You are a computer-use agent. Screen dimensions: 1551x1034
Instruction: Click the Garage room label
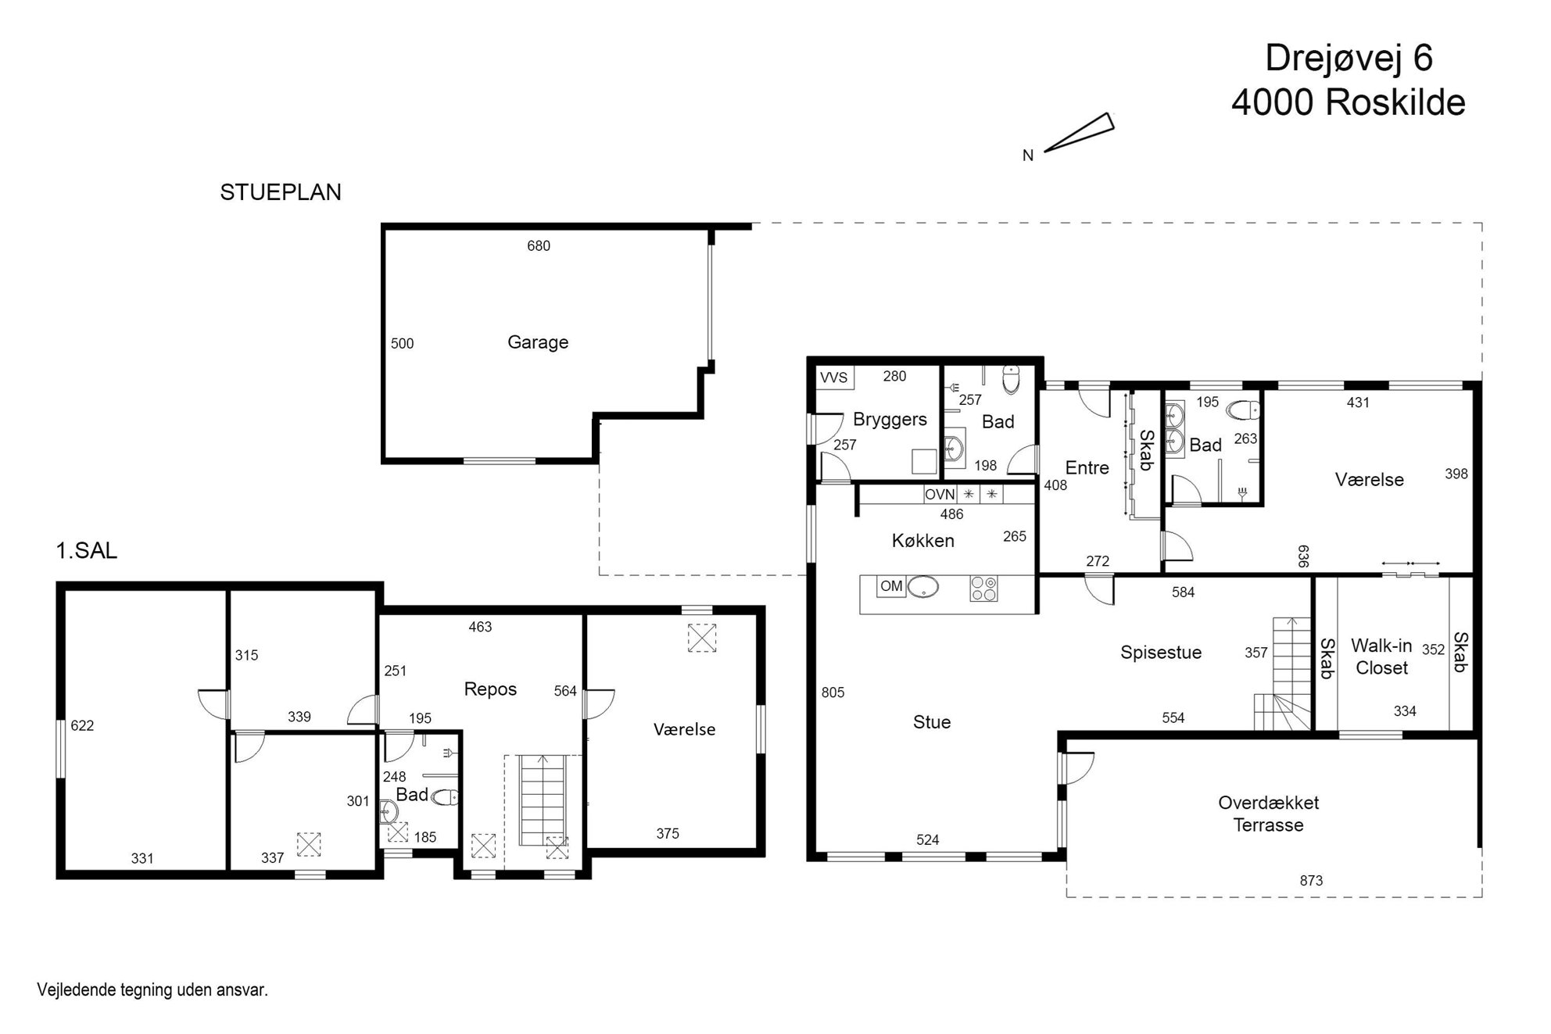coord(538,342)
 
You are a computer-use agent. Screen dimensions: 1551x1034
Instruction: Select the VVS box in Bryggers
coord(834,378)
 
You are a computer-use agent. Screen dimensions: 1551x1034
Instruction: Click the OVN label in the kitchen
coord(940,495)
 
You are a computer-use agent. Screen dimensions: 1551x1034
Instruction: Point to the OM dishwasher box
coord(891,586)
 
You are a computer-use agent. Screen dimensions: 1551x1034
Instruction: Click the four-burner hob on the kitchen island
coord(983,589)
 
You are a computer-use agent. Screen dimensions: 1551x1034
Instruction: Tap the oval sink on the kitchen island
coord(923,587)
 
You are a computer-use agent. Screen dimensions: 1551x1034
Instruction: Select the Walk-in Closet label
coord(1381,657)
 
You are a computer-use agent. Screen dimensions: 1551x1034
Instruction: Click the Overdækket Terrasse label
coord(1268,814)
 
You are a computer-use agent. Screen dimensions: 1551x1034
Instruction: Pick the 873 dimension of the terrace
coord(1311,881)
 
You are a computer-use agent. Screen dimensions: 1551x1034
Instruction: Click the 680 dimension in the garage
coord(539,246)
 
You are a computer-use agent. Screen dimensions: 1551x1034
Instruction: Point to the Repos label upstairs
coord(490,689)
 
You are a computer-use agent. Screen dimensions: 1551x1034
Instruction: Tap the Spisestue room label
coord(1161,653)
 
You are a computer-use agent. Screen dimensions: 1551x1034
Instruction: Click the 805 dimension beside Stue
coord(833,692)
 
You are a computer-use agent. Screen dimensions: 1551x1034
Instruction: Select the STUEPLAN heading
coord(281,192)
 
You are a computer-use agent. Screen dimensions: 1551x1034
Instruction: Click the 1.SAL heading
coord(86,551)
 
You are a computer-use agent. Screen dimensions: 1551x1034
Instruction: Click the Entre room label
coord(1087,468)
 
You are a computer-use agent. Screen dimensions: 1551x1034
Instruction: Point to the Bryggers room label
coord(890,420)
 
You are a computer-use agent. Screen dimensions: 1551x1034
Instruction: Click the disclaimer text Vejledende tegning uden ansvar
coord(152,990)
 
